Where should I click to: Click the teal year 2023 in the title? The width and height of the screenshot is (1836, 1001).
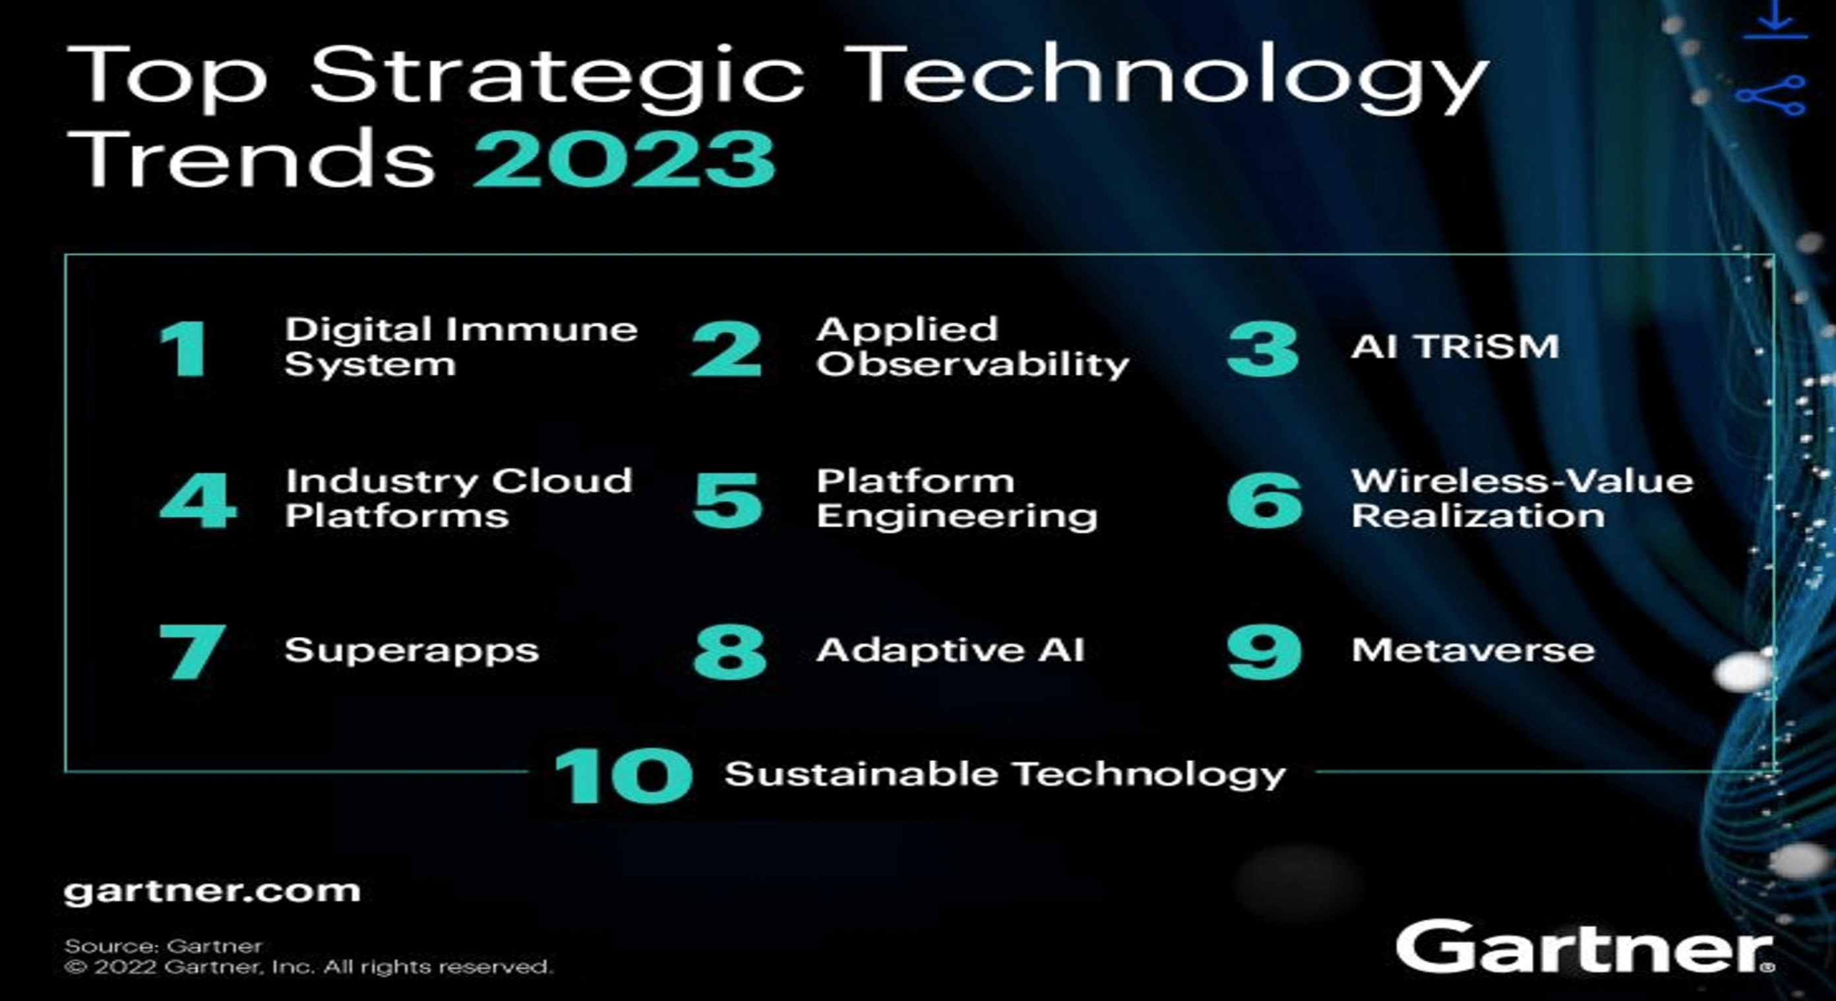click(625, 159)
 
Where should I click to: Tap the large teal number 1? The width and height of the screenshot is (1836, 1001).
click(184, 349)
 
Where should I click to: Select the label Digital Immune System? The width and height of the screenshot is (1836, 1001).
click(461, 347)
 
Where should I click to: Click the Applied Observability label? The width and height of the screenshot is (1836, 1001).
click(973, 347)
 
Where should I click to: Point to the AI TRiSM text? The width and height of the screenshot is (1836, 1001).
click(1455, 347)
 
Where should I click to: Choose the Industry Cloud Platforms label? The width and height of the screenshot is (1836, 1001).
click(458, 498)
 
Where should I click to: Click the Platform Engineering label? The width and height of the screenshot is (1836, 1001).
click(956, 498)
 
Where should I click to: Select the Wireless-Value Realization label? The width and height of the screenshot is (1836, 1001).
click(1522, 498)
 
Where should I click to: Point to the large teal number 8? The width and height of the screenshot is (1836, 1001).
click(730, 652)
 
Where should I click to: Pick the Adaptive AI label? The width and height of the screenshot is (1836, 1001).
click(951, 650)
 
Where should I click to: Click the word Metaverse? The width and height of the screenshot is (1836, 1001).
click(1473, 650)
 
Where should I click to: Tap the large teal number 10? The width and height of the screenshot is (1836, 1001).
click(624, 776)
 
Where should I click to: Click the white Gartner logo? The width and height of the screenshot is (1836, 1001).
click(1584, 946)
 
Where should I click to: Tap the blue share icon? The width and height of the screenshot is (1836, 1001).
click(1771, 95)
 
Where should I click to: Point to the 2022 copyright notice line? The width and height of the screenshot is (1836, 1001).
click(308, 967)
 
